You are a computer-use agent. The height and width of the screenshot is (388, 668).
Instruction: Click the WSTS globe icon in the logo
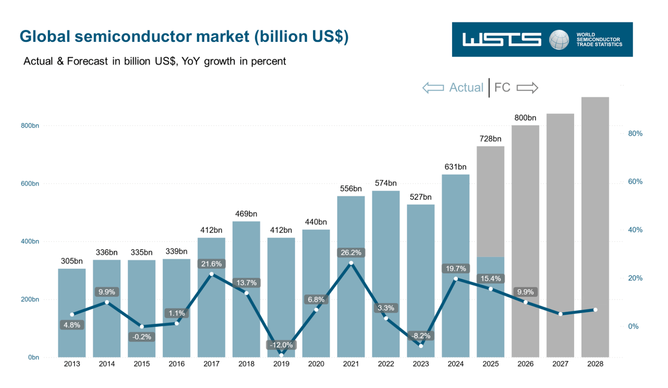(559, 40)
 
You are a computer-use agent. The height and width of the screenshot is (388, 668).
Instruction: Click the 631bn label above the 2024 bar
(455, 167)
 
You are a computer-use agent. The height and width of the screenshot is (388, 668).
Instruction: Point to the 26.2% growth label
(351, 253)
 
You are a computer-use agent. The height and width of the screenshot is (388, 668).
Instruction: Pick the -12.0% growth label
(281, 345)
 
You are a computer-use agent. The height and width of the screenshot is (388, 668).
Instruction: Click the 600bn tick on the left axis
(30, 184)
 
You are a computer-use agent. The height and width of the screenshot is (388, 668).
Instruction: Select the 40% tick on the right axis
(635, 230)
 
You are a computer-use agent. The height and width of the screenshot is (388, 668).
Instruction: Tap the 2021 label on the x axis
(351, 364)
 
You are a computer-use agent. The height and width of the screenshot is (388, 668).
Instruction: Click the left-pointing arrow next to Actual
(433, 88)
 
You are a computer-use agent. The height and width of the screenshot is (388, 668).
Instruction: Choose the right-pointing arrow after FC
(527, 88)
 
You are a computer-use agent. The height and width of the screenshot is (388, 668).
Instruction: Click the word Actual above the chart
(466, 88)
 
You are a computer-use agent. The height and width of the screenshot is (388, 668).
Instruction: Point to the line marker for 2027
(560, 314)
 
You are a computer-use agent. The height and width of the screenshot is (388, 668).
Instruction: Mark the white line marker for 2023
(421, 346)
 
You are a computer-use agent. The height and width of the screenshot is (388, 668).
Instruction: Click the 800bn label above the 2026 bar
(525, 118)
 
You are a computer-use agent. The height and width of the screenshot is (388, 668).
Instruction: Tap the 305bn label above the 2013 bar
(72, 261)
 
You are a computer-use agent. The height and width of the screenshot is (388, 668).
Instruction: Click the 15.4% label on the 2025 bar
(491, 279)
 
